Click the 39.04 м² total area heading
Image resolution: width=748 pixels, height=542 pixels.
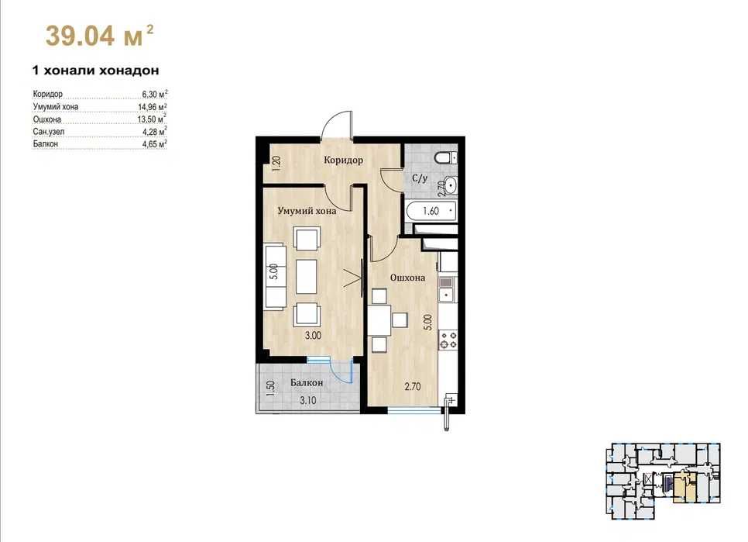(99, 36)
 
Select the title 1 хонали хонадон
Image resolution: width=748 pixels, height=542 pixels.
(95, 71)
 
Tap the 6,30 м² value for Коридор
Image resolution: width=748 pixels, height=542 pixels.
(155, 94)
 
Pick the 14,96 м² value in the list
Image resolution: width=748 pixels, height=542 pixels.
(153, 106)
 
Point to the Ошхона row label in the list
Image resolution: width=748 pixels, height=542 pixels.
(46, 119)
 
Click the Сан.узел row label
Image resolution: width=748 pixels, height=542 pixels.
(49, 131)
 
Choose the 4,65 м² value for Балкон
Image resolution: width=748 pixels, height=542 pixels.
(155, 143)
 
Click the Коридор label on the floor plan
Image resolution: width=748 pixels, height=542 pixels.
(343, 160)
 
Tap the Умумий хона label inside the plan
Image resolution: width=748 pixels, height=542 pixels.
(307, 211)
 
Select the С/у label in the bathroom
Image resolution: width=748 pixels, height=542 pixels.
(420, 178)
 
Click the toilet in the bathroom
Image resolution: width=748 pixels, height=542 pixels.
(446, 157)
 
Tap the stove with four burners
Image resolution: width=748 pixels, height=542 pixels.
(448, 340)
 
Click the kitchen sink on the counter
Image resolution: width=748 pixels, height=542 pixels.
(447, 289)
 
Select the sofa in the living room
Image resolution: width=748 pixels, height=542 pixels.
(275, 275)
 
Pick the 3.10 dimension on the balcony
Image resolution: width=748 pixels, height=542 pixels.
(308, 401)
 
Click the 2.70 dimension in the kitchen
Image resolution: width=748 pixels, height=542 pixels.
(413, 387)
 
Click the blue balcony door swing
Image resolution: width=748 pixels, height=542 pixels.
(342, 372)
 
